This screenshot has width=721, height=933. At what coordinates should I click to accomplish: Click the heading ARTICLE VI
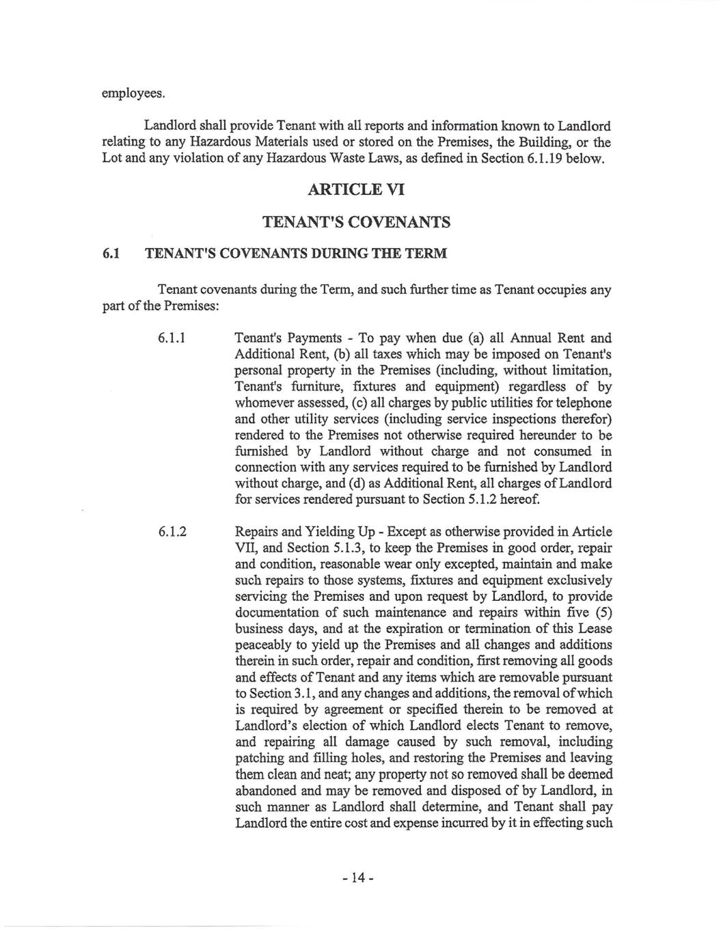(357, 189)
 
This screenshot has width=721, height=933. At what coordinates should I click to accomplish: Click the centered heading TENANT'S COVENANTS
(357, 222)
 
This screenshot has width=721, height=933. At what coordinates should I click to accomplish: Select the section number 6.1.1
(172, 338)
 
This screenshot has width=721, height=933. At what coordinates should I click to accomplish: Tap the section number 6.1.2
(172, 532)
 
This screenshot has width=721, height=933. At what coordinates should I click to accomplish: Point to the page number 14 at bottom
(357, 878)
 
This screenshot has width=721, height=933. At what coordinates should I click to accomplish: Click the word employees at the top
(133, 93)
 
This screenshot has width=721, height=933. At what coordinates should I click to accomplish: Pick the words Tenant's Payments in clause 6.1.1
(288, 338)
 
